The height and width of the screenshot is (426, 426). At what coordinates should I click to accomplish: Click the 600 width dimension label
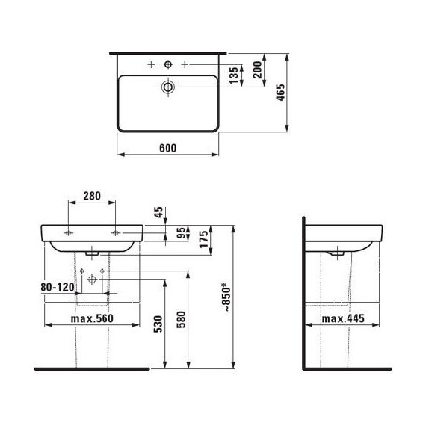pos(167,148)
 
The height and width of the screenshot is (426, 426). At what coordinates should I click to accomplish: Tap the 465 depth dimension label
pos(281,93)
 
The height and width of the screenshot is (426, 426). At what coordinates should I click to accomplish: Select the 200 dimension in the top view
pos(257,70)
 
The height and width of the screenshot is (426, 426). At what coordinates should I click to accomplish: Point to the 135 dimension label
pos(234,75)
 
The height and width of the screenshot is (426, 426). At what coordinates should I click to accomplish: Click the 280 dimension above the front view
pos(92,196)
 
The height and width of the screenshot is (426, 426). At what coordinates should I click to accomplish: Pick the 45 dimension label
pos(158,212)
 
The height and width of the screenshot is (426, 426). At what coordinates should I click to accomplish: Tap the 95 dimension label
pos(181,233)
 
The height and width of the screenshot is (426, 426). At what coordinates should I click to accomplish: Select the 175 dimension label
pos(204,239)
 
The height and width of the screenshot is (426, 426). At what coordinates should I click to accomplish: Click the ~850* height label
pos(226,297)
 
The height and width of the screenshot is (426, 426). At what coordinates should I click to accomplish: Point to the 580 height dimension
pos(181,320)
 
